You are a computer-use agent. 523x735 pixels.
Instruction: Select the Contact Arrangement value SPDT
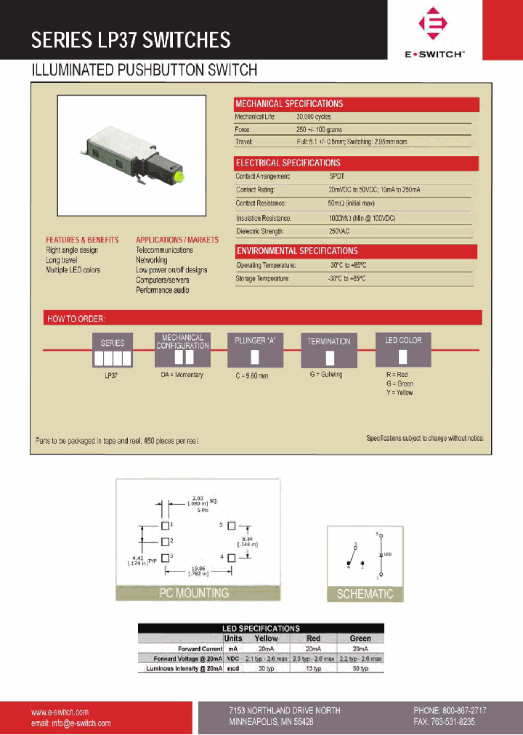click(336, 176)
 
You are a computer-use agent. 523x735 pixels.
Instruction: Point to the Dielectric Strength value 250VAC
click(340, 232)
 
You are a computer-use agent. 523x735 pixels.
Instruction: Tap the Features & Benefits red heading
click(82, 240)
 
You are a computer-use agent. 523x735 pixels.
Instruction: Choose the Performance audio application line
click(163, 290)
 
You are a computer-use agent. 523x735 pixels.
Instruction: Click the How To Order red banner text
click(76, 318)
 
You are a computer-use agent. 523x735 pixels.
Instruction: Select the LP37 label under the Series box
click(112, 375)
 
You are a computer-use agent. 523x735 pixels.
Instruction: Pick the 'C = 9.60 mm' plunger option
click(251, 375)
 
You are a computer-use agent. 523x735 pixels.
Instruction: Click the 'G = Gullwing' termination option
click(327, 375)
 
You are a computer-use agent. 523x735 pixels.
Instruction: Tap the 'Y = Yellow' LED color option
click(400, 393)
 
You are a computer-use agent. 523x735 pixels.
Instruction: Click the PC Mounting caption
click(194, 593)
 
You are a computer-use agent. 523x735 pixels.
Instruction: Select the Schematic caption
click(365, 594)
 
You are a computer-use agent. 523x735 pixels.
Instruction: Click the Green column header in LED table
click(360, 638)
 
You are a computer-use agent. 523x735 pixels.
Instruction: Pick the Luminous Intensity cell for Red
click(314, 668)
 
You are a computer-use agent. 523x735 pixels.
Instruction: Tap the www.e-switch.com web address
click(60, 712)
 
